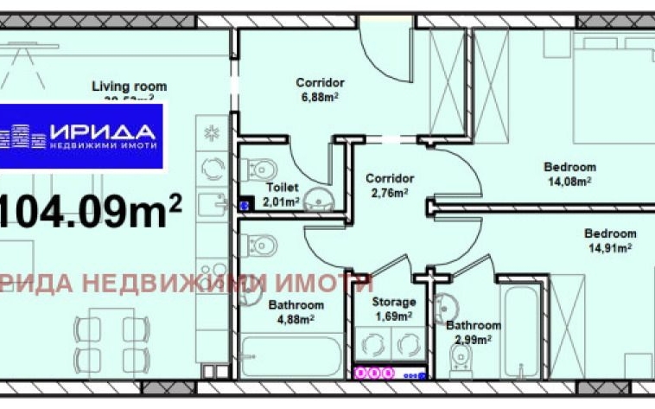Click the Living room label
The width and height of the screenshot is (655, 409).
tap(130, 86)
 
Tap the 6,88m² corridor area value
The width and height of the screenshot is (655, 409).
tap(321, 97)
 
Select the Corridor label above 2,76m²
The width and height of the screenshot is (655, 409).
tap(385, 179)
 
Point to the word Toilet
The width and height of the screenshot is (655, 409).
tap(283, 187)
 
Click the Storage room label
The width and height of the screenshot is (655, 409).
tap(393, 302)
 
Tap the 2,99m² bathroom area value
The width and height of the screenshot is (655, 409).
tap(474, 338)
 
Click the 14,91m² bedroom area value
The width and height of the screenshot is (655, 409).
tap(610, 247)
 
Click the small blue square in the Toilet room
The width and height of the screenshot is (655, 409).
tap(244, 206)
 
